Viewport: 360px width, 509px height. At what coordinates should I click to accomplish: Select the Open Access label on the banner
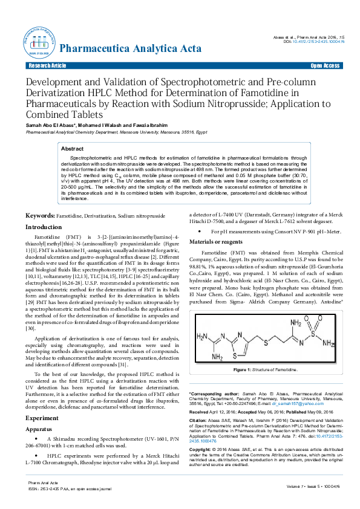[324, 65]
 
